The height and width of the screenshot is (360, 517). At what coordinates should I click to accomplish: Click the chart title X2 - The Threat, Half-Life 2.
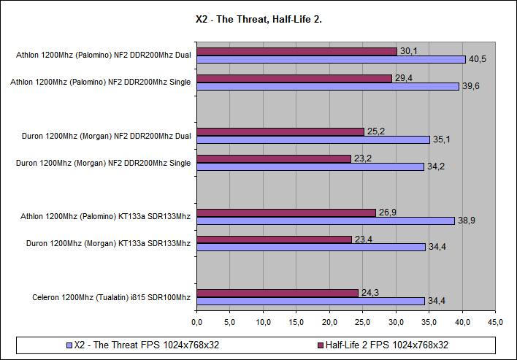click(x=259, y=20)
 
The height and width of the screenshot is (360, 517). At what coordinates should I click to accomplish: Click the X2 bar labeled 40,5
click(x=331, y=59)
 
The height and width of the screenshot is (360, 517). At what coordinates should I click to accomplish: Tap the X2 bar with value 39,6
click(x=328, y=86)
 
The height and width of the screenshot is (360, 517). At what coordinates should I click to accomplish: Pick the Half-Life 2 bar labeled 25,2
click(x=280, y=131)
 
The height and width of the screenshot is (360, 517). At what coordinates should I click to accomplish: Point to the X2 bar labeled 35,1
click(x=313, y=139)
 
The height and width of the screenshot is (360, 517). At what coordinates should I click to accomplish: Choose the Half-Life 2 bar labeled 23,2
click(x=274, y=158)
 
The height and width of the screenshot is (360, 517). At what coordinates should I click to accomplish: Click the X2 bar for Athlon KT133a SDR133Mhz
click(x=326, y=220)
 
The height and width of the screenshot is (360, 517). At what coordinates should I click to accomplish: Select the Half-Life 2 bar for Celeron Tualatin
click(x=277, y=293)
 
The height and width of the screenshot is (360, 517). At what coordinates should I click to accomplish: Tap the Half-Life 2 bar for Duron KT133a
click(x=275, y=239)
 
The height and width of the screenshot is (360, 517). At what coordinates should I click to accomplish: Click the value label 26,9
click(x=387, y=212)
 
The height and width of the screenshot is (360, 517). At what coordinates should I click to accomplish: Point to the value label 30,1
click(x=408, y=51)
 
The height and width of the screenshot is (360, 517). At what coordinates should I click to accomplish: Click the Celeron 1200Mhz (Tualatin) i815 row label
click(x=111, y=297)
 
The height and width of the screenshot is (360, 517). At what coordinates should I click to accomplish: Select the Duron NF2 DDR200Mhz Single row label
click(x=103, y=163)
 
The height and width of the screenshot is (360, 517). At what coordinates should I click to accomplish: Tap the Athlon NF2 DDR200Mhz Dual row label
click(x=103, y=55)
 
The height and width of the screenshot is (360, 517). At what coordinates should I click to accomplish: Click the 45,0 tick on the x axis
click(x=496, y=321)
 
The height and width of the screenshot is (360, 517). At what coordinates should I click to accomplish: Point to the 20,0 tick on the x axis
click(x=329, y=321)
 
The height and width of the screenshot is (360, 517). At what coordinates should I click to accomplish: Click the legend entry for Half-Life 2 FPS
click(x=382, y=345)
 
